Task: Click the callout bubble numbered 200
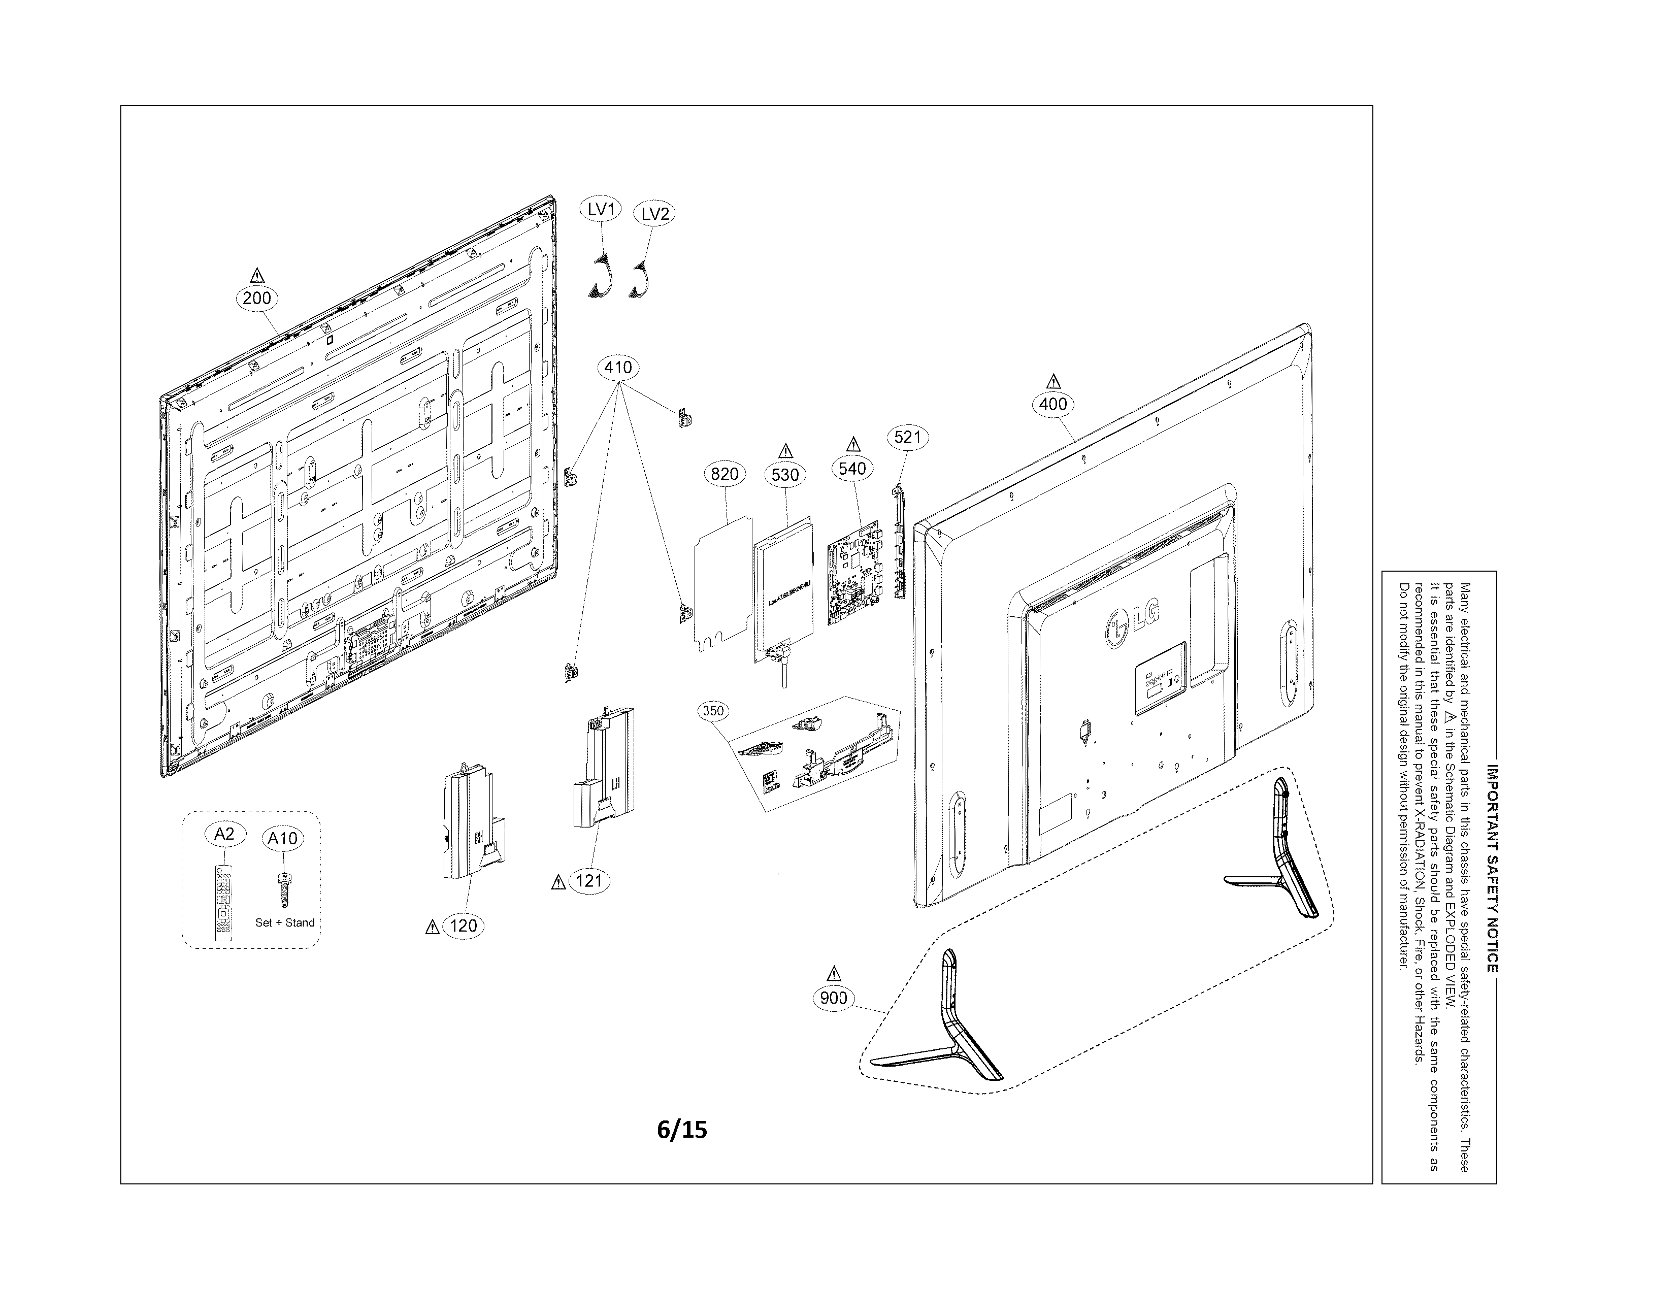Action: [256, 298]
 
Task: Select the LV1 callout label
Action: [600, 209]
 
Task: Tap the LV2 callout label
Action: [654, 213]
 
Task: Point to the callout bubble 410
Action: [618, 368]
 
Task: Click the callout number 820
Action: [725, 473]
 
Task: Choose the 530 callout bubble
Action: [785, 474]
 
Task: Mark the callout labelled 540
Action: [852, 468]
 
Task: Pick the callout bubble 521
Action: [907, 437]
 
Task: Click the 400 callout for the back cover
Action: [1053, 404]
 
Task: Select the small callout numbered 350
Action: [713, 710]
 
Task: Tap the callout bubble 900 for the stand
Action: [833, 998]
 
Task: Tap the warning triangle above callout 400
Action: [1054, 381]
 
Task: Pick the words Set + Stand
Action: [285, 922]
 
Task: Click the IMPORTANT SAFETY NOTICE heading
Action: [1492, 868]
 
